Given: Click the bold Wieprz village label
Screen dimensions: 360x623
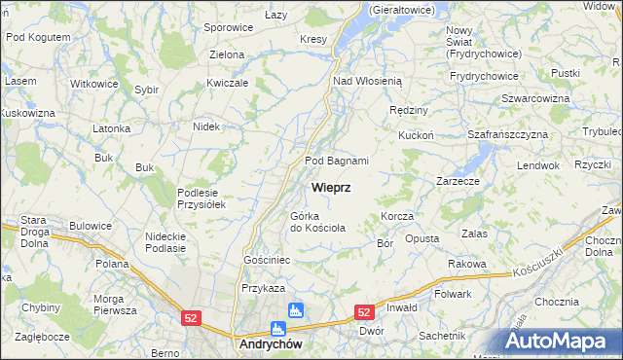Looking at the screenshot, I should point(331,186).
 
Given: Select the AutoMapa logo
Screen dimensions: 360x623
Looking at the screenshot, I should point(564,341).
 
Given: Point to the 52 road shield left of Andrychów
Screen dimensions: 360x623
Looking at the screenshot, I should point(192,317).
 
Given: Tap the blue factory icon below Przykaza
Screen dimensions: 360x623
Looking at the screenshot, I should point(295,310).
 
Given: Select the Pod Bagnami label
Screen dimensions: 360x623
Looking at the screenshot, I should point(337,161).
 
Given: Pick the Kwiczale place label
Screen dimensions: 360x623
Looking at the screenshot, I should point(228,83).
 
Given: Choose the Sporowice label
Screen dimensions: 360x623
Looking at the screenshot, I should point(230,28).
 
